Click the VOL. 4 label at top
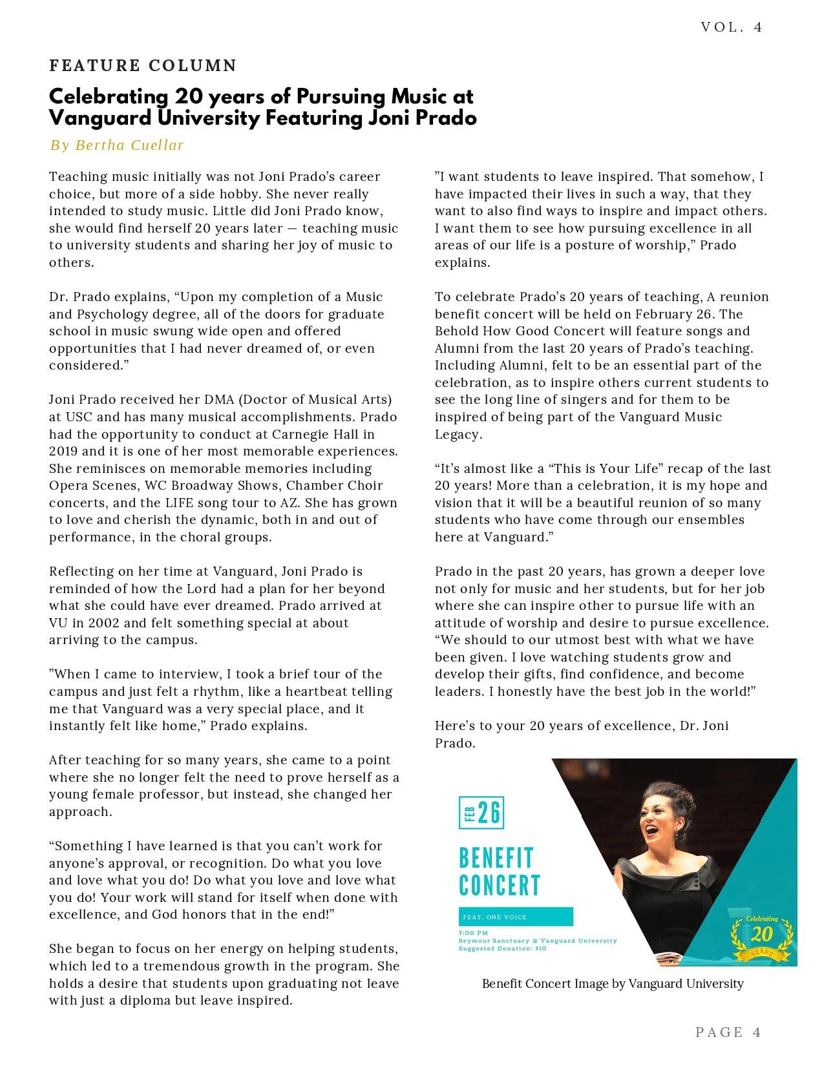[732, 27]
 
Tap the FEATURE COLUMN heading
[143, 65]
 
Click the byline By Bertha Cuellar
[117, 145]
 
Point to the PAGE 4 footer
[728, 1032]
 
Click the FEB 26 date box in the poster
[481, 813]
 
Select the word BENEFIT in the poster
[496, 858]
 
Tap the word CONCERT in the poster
[500, 885]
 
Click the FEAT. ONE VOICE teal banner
[515, 917]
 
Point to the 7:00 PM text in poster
[473, 933]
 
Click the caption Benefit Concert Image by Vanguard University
[613, 984]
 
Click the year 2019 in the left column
[63, 451]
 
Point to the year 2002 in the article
[103, 623]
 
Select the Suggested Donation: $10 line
[502, 948]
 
